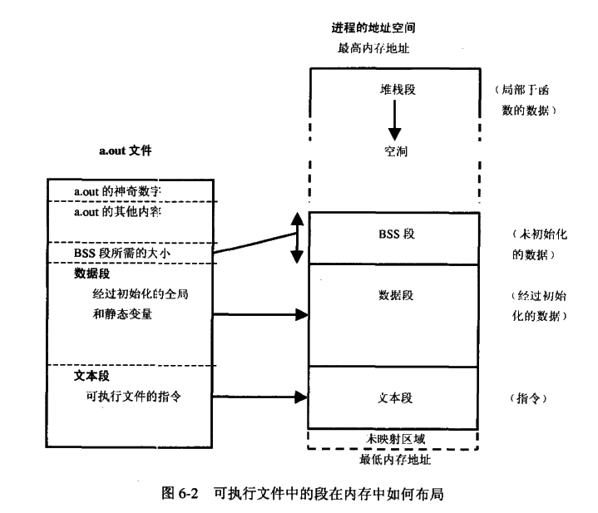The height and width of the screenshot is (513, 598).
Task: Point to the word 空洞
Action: [395, 153]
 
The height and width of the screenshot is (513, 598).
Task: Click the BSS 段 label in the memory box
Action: [395, 234]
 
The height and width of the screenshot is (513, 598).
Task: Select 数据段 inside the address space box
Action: [395, 294]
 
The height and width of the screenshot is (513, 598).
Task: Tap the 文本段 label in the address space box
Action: [395, 397]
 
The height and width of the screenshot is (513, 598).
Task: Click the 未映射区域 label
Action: [395, 437]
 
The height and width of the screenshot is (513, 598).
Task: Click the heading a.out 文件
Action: [125, 151]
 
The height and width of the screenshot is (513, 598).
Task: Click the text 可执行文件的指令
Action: [133, 396]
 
